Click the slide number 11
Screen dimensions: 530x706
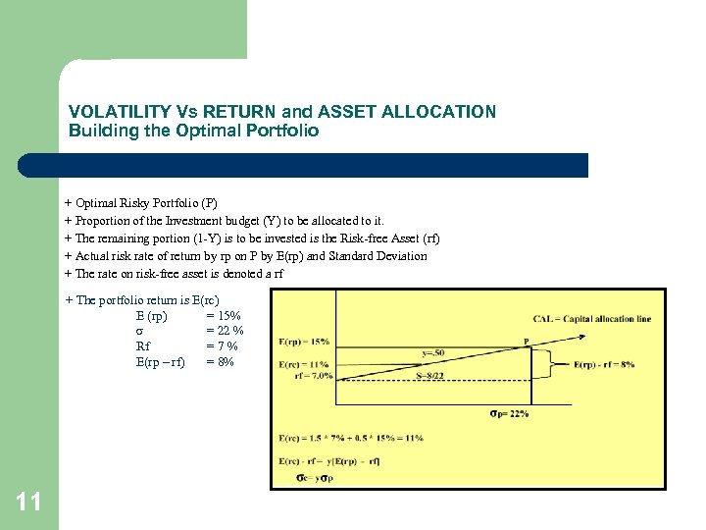[28, 503]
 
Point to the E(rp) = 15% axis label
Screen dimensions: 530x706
[304, 342]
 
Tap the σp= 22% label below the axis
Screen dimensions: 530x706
[509, 413]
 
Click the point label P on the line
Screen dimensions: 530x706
[527, 342]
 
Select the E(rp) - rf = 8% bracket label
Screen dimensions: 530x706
[601, 364]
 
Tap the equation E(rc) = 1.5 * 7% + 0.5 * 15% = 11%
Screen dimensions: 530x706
[350, 438]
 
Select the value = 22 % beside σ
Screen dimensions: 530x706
[225, 332]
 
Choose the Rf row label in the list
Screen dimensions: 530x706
[143, 347]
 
